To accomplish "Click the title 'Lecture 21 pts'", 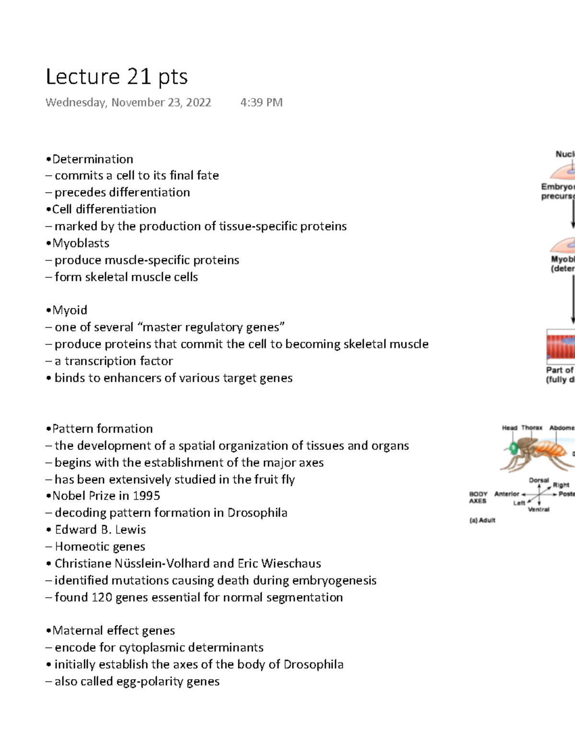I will pyautogui.click(x=116, y=77).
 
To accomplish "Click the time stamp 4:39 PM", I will pyautogui.click(x=261, y=102).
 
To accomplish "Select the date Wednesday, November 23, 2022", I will pyautogui.click(x=128, y=102).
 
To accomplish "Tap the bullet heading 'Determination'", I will pyautogui.click(x=92, y=159).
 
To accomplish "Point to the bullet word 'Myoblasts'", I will pyautogui.click(x=80, y=243).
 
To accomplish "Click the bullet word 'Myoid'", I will pyautogui.click(x=69, y=310).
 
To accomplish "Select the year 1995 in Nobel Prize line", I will pyautogui.click(x=146, y=496).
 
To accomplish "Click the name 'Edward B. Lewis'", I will pyautogui.click(x=100, y=530).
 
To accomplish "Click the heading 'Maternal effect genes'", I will pyautogui.click(x=114, y=630).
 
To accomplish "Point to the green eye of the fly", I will pyautogui.click(x=514, y=449).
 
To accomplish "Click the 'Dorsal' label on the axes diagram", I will pyautogui.click(x=539, y=480).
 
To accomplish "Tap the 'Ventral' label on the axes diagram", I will pyautogui.click(x=539, y=509).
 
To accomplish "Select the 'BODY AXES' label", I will pyautogui.click(x=478, y=497).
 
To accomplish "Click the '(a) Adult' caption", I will pyautogui.click(x=482, y=520).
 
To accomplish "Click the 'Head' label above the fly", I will pyautogui.click(x=509, y=427).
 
